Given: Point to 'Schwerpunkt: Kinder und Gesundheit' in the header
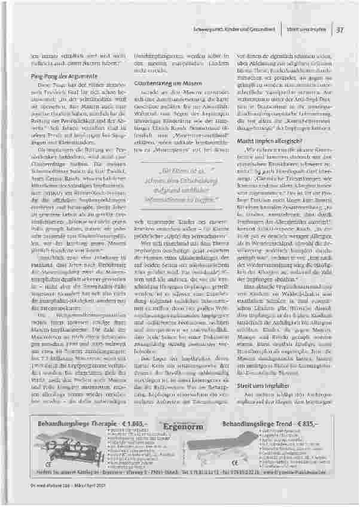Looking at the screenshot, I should coord(247,28).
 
